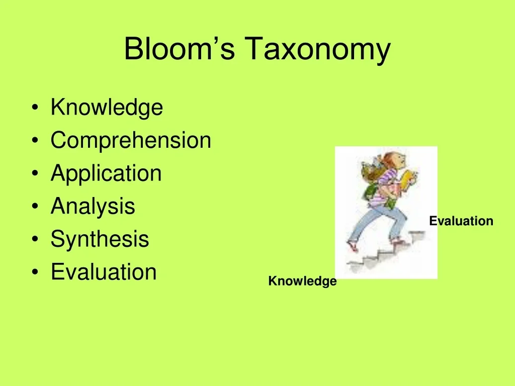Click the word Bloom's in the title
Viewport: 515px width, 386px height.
180,49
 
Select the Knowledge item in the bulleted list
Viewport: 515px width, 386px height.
107,108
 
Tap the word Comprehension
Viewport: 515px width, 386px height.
131,141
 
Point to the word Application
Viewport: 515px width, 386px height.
106,173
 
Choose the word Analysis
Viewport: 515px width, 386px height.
93,206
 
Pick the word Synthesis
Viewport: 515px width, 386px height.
100,239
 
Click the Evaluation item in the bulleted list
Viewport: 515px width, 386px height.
104,272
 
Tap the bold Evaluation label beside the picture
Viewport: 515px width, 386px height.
461,221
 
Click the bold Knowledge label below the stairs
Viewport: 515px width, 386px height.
302,281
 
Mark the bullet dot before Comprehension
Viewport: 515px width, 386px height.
35,141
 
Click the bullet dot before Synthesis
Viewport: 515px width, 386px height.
35,239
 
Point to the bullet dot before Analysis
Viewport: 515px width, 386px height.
35,206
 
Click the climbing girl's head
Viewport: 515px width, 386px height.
395,160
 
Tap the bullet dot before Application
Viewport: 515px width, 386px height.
35,173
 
